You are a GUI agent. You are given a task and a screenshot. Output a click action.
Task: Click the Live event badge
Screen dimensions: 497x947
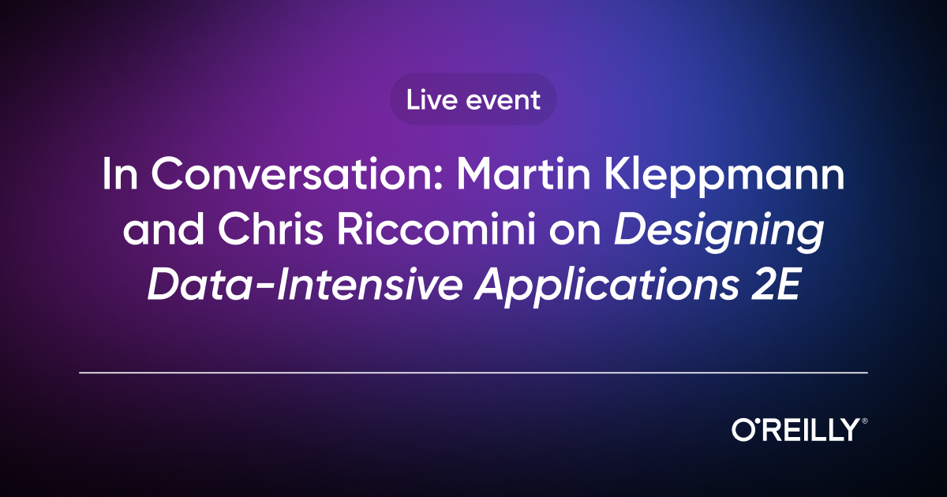coord(473,100)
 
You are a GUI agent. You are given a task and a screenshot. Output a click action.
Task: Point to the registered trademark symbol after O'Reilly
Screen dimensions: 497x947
coord(864,421)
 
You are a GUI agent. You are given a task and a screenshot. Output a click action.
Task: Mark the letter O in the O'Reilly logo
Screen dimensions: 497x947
coord(743,431)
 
